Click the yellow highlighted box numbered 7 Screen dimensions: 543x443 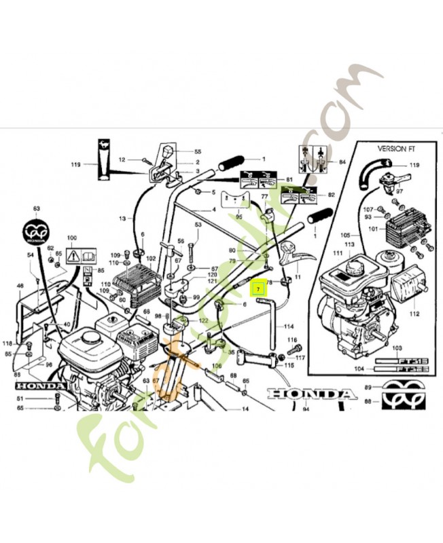pos(258,288)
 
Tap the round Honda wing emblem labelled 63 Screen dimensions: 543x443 pos(37,231)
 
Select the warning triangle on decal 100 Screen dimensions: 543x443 pos(71,255)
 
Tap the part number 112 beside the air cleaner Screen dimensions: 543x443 pos(415,313)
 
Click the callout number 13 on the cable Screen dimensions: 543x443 pos(122,218)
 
